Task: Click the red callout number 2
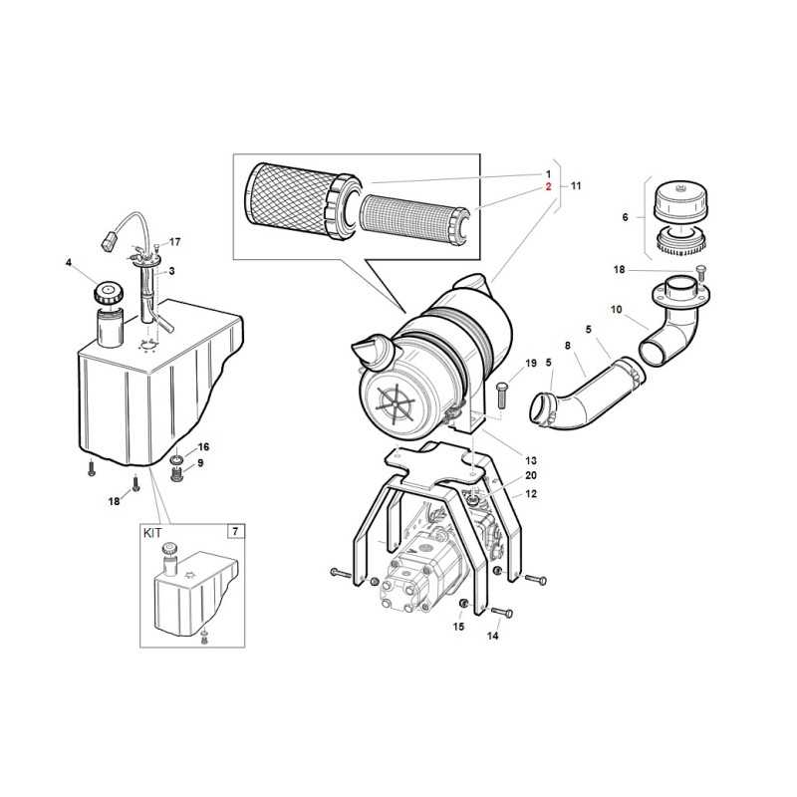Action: (549, 186)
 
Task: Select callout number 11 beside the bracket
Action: (576, 186)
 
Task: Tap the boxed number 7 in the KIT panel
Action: (235, 532)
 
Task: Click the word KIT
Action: (152, 533)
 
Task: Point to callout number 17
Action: (175, 242)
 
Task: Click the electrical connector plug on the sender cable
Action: (110, 241)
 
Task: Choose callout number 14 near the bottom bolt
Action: (492, 636)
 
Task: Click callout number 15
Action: (458, 627)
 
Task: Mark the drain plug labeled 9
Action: (176, 476)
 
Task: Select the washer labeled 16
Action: (176, 460)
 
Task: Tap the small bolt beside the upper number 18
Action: (700, 272)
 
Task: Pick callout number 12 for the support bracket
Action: (531, 493)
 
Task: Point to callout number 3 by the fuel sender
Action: (171, 271)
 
